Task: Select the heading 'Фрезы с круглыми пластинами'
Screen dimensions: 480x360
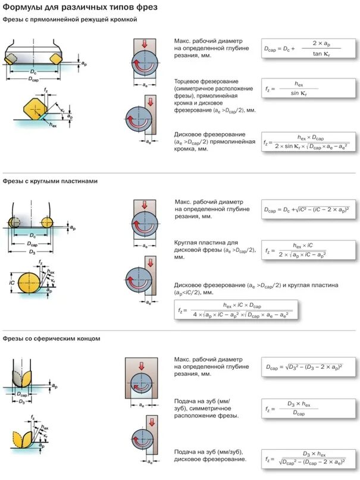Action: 49,181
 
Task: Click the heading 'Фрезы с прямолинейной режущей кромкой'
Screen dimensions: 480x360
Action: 70,20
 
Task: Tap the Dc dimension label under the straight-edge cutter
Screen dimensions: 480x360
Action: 33,71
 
